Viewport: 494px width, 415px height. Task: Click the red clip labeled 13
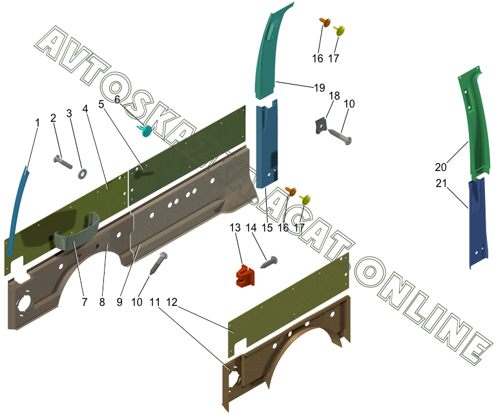[245, 276]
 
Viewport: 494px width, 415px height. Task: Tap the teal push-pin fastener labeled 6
[145, 130]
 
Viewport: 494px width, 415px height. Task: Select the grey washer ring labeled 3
[83, 173]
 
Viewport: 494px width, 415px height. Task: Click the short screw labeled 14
[269, 262]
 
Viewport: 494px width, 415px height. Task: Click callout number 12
[172, 302]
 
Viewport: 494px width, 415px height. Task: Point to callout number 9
[119, 302]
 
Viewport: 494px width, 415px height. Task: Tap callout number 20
[441, 167]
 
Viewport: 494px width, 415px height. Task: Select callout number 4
[85, 108]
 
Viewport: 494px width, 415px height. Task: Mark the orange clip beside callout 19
[325, 22]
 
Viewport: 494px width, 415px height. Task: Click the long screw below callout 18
[340, 137]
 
